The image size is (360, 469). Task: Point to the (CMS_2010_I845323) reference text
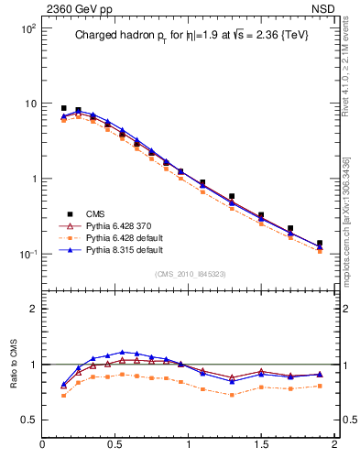[x=190, y=273]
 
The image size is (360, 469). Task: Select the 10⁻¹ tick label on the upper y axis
[x=27, y=254]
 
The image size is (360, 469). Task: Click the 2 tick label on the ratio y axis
[x=31, y=309]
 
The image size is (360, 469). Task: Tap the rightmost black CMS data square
[x=320, y=244]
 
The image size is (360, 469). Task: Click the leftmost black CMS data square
[x=63, y=108]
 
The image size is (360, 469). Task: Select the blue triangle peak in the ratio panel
[x=122, y=352]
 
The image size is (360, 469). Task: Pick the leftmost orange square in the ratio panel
[x=63, y=396]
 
